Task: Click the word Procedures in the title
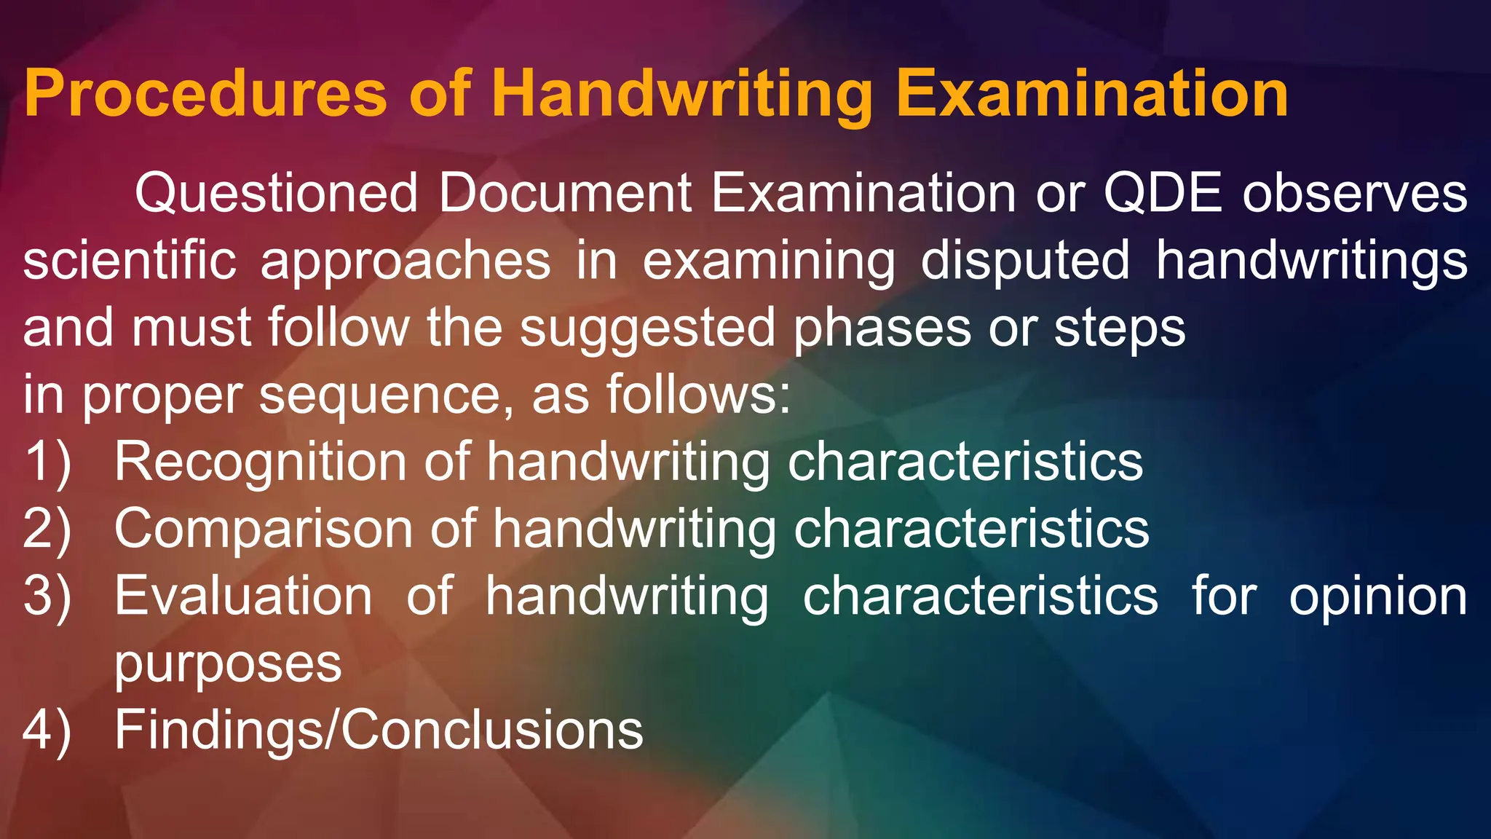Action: tap(205, 95)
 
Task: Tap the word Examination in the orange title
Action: tap(1092, 95)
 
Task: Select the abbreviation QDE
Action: tap(1163, 194)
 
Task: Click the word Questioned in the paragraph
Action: tap(276, 194)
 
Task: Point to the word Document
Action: tap(565, 194)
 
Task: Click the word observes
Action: tap(1355, 194)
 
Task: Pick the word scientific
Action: tap(130, 261)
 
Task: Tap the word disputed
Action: tap(1025, 262)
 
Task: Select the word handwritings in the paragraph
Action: tap(1311, 262)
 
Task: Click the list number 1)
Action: tap(48, 462)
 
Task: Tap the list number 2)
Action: tap(48, 529)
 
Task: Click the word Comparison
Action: tap(263, 529)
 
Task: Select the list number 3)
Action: tap(48, 596)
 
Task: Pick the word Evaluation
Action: tap(243, 596)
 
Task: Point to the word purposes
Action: tap(228, 665)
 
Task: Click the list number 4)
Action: tap(48, 730)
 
